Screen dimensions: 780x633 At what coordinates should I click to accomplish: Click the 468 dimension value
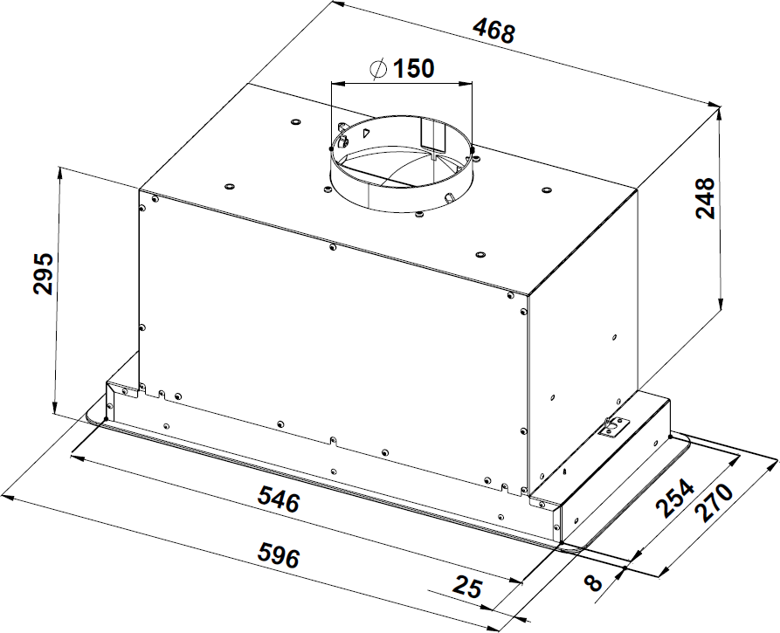(x=494, y=31)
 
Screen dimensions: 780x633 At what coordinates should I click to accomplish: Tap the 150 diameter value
(x=413, y=68)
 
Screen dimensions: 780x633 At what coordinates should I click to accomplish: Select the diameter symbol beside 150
(x=378, y=69)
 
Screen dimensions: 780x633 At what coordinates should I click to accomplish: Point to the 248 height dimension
(x=705, y=198)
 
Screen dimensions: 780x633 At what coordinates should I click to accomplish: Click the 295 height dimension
(x=43, y=273)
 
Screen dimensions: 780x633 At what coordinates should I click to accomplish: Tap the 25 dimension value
(x=467, y=588)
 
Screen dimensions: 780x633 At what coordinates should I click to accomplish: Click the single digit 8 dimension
(x=593, y=582)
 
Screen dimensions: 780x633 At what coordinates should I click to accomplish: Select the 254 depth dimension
(x=675, y=498)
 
